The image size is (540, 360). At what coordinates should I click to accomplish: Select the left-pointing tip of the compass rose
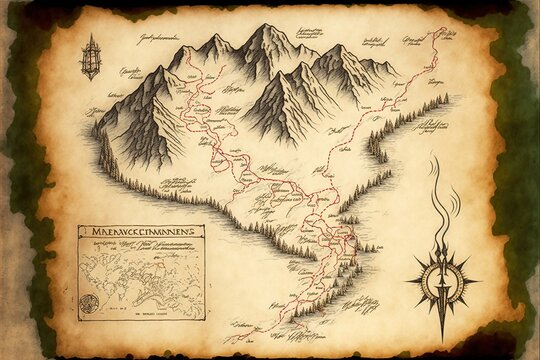point(408,279)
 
